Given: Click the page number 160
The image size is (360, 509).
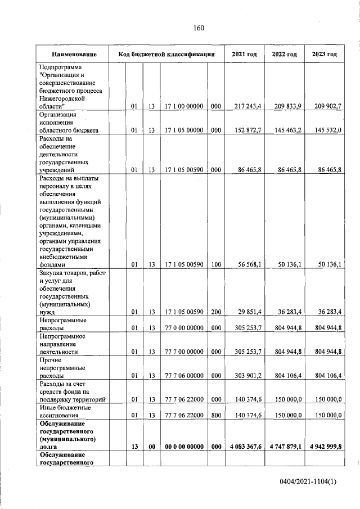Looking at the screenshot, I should [x=197, y=28].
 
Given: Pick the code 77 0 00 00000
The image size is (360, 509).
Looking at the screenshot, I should [x=184, y=327].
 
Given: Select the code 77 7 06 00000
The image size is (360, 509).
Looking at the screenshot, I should [x=184, y=375].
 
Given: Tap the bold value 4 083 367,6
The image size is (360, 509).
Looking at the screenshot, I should [x=243, y=447].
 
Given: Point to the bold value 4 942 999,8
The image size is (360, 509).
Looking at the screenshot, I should [x=322, y=447].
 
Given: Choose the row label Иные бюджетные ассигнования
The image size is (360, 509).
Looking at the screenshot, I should [x=65, y=411].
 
